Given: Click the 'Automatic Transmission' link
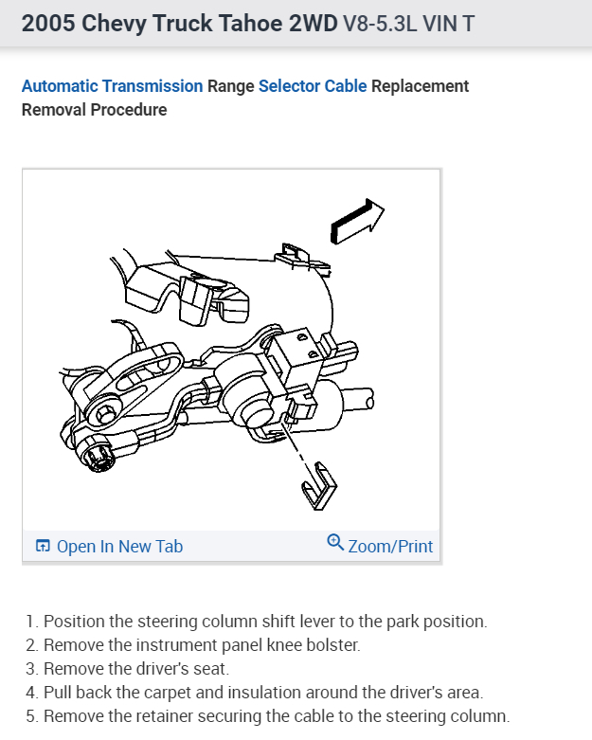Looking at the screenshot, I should click(x=112, y=86).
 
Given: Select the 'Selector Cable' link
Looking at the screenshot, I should click(x=313, y=86).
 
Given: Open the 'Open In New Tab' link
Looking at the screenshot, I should click(x=119, y=547).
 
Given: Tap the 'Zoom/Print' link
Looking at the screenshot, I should click(x=390, y=547).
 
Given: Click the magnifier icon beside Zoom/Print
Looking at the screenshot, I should click(x=334, y=543).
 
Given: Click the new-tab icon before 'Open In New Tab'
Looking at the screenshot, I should click(x=43, y=547).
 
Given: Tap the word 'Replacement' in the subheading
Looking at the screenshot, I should click(x=420, y=86).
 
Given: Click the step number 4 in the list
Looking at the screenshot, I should click(x=31, y=693).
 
